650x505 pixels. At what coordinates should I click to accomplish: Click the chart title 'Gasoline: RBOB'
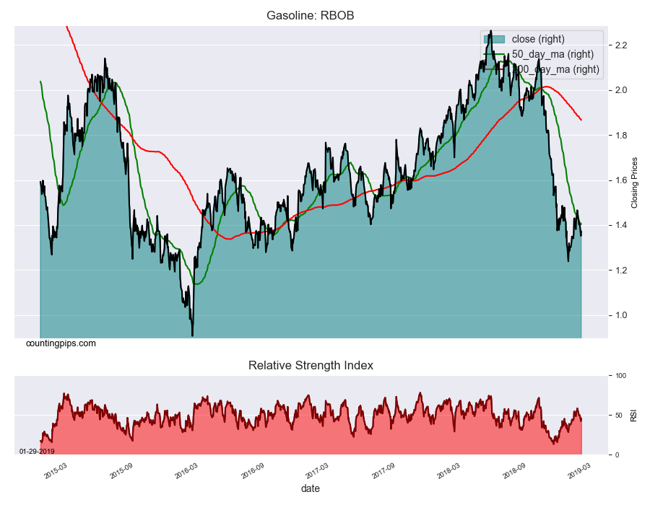(311, 15)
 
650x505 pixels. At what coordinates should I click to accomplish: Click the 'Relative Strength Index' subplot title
(311, 365)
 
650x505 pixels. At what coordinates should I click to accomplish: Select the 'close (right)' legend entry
(538, 39)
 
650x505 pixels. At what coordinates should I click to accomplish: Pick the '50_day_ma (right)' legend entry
(552, 54)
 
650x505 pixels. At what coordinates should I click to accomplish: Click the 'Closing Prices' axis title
(635, 182)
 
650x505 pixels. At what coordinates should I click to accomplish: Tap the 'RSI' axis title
(633, 416)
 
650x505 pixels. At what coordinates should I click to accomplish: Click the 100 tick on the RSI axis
(620, 376)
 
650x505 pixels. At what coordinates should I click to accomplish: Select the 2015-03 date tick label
(56, 470)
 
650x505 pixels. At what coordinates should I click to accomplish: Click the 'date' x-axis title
(311, 488)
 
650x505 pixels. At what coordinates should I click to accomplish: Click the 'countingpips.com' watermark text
(61, 343)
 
